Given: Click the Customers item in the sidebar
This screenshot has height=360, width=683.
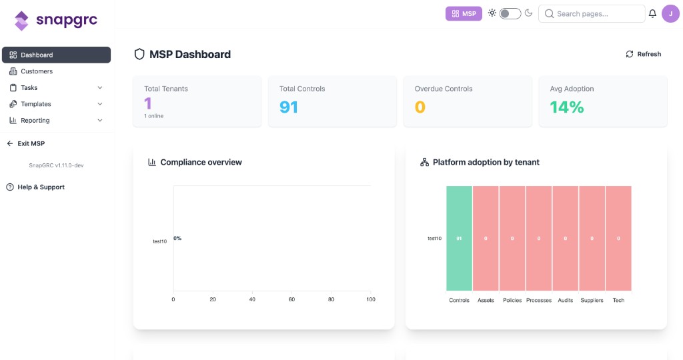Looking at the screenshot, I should click(36, 71).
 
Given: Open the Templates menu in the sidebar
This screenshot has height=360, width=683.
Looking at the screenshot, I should click(35, 104).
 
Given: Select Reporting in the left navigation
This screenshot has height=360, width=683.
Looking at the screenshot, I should click(35, 121).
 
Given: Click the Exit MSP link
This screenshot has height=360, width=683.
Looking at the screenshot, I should click(31, 143).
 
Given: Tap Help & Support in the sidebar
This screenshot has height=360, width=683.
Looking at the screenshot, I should click(41, 187).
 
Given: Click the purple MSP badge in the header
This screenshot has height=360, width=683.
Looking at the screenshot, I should click(463, 13).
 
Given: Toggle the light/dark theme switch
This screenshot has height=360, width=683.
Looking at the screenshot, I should click(510, 13).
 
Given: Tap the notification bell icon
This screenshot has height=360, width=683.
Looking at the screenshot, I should click(652, 13).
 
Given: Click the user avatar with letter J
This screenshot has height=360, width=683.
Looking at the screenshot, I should click(670, 13).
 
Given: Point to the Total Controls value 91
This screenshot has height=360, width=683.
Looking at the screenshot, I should click(289, 107).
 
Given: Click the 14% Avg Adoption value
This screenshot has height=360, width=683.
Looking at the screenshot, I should click(566, 107).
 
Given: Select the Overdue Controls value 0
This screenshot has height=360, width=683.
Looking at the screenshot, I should click(420, 107).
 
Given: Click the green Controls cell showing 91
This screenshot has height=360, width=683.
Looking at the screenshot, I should click(459, 238).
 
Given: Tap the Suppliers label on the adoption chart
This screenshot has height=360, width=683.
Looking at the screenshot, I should click(591, 301).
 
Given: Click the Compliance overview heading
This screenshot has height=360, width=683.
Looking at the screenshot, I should click(201, 162).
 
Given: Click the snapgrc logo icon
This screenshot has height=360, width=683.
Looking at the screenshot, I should click(22, 21).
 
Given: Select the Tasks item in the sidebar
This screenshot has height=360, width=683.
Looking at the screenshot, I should click(29, 88).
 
